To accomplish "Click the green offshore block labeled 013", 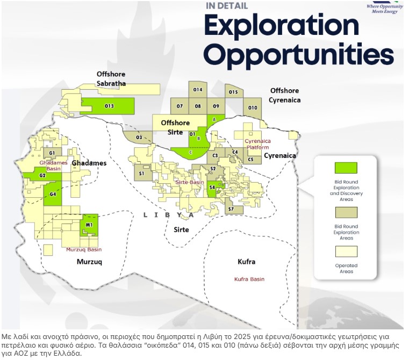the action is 110,106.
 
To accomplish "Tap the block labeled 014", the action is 198,90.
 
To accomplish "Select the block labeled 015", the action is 234,91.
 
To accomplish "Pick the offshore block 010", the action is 252,107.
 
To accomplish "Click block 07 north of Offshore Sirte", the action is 180,106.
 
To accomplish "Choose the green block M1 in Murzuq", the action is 89,225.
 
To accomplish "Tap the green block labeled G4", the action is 53,194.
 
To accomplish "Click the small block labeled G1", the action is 53,153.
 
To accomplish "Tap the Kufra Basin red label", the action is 249,279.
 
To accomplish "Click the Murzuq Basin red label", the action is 84,249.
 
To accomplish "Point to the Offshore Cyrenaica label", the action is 284,96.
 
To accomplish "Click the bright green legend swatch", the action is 346,168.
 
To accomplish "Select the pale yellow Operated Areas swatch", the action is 346,251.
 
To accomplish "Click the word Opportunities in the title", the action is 299,54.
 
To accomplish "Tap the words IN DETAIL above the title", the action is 227,6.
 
